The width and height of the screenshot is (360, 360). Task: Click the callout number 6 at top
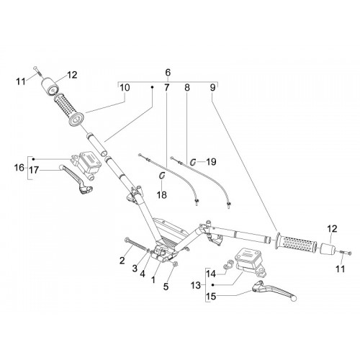click(x=168, y=72)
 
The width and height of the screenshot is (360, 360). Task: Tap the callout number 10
click(x=125, y=88)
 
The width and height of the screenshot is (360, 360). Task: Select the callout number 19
click(x=211, y=162)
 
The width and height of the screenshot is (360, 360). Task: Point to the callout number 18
click(x=162, y=195)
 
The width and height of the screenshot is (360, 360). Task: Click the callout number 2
click(x=122, y=261)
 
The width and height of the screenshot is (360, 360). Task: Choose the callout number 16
click(x=19, y=168)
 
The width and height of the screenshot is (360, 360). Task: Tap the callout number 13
click(x=196, y=286)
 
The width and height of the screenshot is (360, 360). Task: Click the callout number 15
click(x=211, y=297)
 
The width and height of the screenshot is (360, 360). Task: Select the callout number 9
click(x=213, y=88)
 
